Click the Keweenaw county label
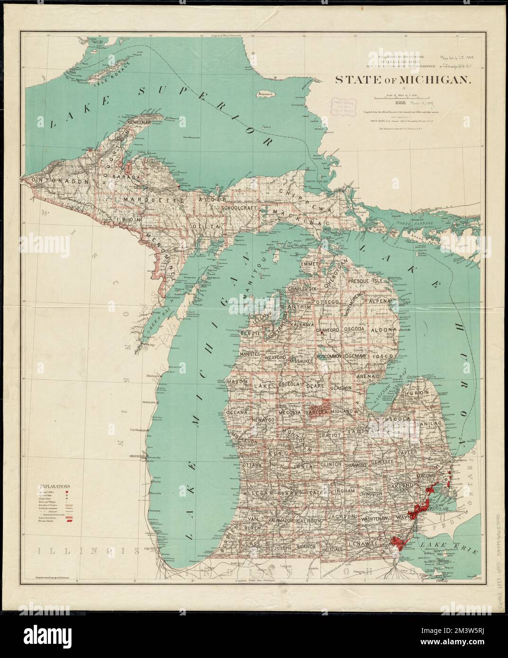click(x=138, y=123)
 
